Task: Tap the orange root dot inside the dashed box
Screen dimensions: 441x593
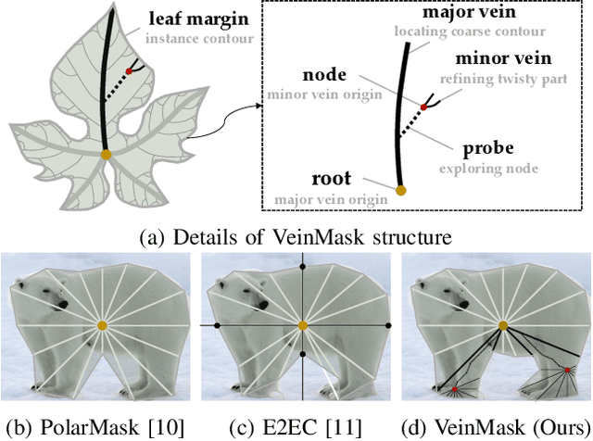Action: pos(400,190)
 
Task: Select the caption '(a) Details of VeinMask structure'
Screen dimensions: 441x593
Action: pos(296,238)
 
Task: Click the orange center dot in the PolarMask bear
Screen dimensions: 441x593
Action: pos(103,325)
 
